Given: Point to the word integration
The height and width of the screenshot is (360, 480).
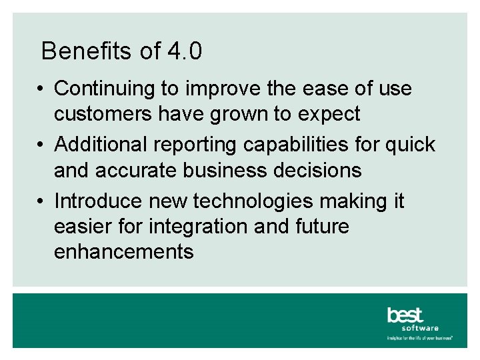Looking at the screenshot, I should point(192,227).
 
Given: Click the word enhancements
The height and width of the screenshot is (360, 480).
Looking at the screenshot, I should point(124,252).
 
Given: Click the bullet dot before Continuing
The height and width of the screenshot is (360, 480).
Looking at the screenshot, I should point(41,89).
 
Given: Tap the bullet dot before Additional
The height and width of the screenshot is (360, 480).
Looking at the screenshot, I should point(41,145).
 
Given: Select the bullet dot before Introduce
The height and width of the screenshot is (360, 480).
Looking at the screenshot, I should point(41,201).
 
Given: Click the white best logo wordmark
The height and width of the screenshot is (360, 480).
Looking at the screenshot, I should point(405,315).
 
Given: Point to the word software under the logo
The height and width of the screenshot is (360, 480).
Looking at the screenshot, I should point(420,328).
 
